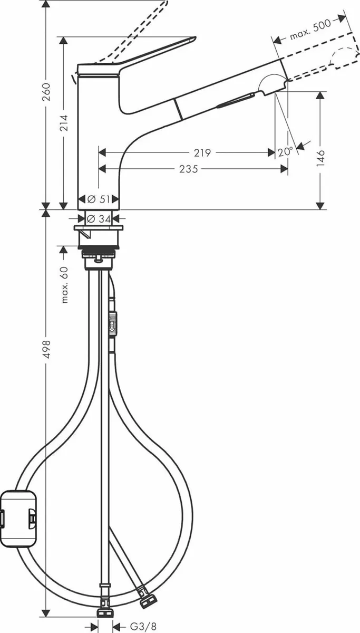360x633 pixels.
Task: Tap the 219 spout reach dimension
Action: [x=201, y=153]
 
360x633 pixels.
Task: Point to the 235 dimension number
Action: [x=189, y=169]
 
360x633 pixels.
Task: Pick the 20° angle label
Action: [x=285, y=151]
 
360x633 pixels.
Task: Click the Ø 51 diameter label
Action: [x=98, y=199]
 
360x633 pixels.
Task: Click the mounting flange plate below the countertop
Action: [x=99, y=228]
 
